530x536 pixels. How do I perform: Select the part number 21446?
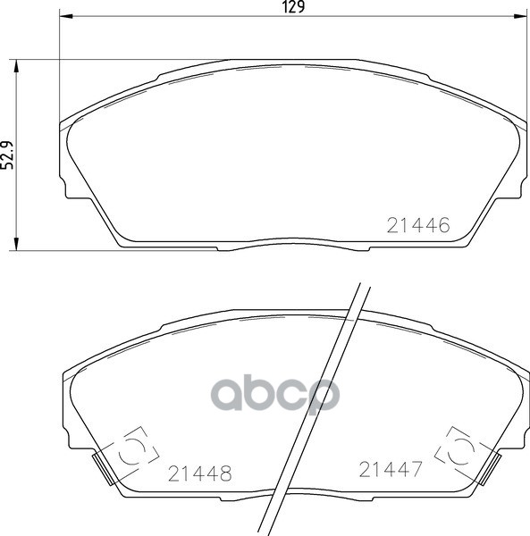tap(416, 226)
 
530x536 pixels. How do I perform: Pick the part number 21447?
tap(390, 468)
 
